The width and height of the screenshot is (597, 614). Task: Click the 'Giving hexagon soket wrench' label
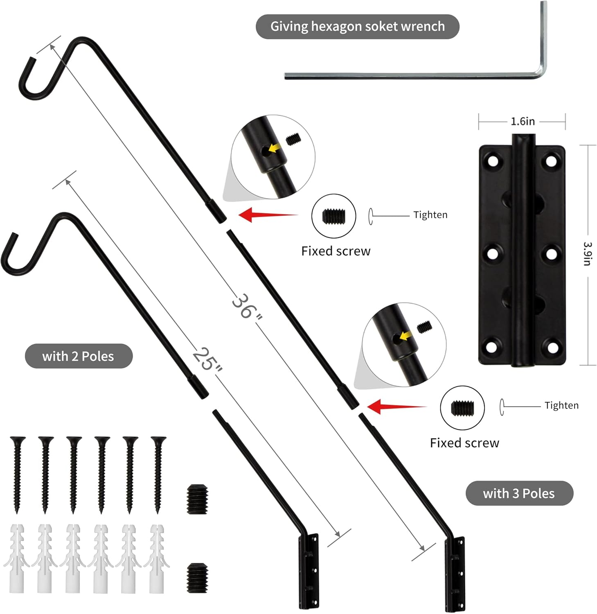tap(357, 27)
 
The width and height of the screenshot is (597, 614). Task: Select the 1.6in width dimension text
tap(523, 122)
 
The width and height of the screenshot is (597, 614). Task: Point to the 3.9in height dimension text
tap(587, 253)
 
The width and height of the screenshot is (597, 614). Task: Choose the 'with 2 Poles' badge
tap(78, 356)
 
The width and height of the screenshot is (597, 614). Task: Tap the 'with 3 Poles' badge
tap(519, 493)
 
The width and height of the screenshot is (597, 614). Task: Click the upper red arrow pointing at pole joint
tap(266, 214)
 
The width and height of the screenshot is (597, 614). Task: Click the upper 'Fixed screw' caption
tap(336, 251)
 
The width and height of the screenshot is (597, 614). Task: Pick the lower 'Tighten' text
tap(561, 405)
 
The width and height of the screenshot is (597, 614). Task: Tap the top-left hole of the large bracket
tap(494, 161)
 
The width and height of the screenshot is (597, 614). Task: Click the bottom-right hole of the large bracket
tap(552, 348)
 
